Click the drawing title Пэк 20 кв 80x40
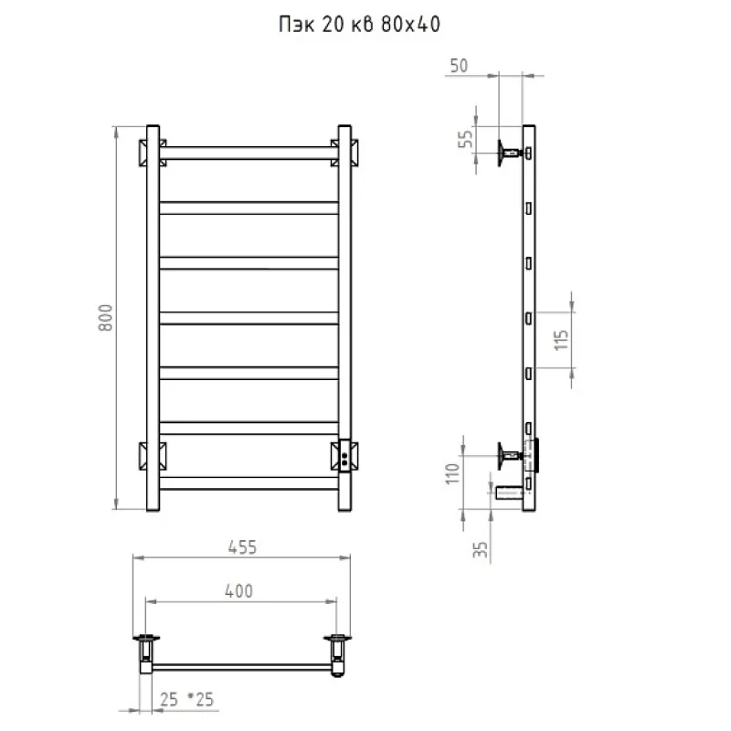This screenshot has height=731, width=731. (359, 25)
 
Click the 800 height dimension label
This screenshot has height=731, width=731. (106, 317)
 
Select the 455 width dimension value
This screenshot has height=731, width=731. (242, 546)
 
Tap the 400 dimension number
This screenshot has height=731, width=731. (238, 590)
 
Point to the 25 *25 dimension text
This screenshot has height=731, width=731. (186, 699)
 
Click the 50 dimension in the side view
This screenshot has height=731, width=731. (459, 66)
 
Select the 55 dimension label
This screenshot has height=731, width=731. (465, 139)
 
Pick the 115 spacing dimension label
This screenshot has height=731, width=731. (562, 340)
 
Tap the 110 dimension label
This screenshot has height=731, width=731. (452, 473)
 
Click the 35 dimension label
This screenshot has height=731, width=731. (481, 549)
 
